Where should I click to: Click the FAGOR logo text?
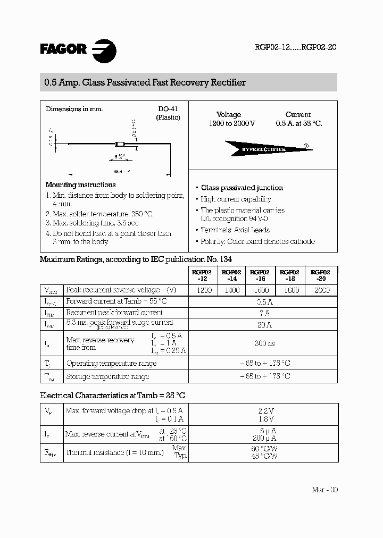(x=63, y=50)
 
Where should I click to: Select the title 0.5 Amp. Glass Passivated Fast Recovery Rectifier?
(x=143, y=82)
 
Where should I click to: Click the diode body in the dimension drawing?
(x=120, y=144)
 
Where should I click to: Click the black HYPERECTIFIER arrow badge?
(x=264, y=149)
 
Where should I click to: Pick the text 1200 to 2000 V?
(x=232, y=123)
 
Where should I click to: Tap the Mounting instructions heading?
(x=80, y=185)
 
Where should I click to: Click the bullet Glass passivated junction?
(x=242, y=188)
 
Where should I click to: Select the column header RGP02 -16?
(x=261, y=275)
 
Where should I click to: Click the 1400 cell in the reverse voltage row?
(x=232, y=290)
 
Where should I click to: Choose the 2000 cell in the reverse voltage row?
(x=322, y=290)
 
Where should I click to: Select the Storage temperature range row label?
(x=107, y=376)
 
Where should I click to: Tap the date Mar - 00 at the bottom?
(x=324, y=490)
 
